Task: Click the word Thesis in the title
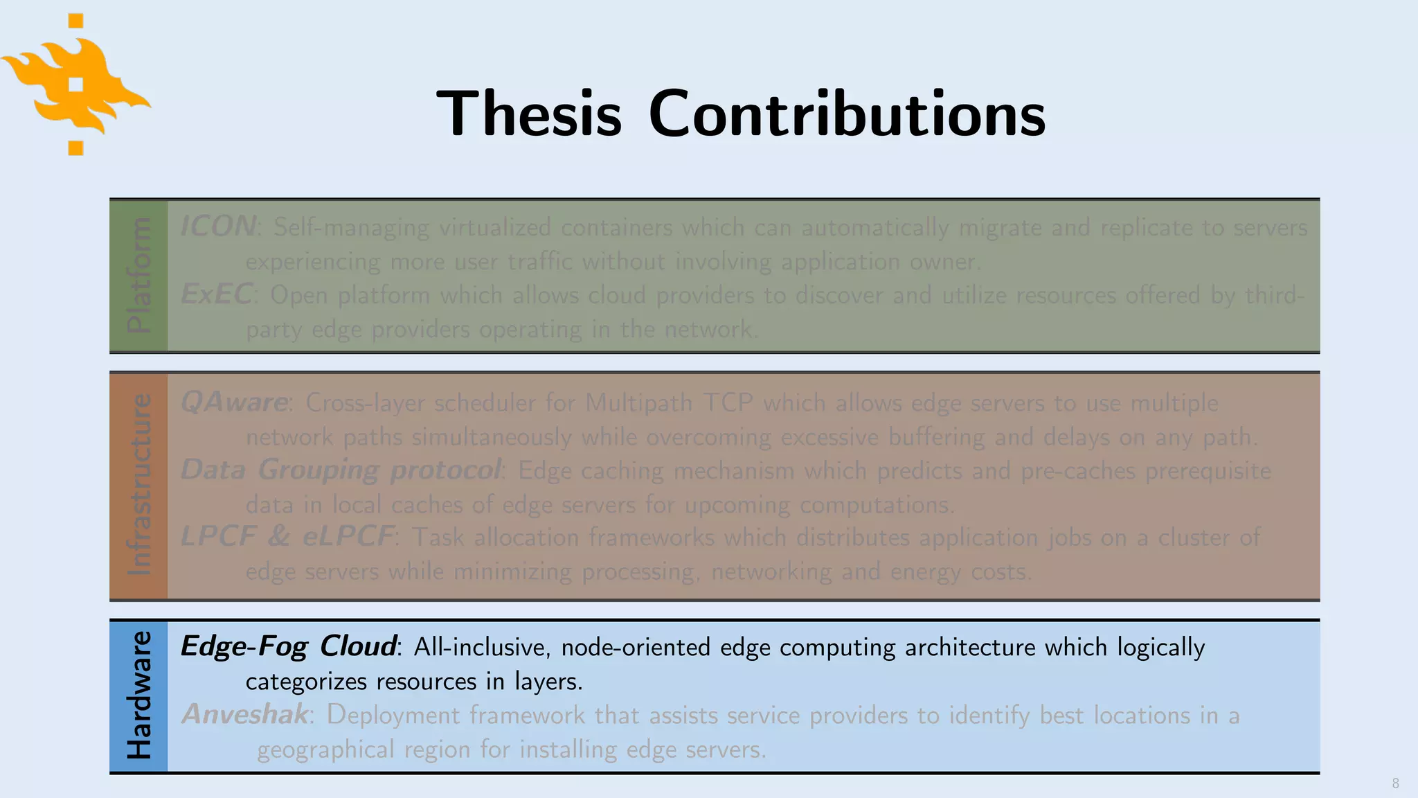point(529,114)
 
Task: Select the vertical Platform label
point(138,275)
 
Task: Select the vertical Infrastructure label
point(138,485)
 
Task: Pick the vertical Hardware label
point(138,695)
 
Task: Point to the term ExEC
point(216,294)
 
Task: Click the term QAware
point(234,402)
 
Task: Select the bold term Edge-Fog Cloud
point(288,646)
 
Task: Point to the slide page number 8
point(1395,783)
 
